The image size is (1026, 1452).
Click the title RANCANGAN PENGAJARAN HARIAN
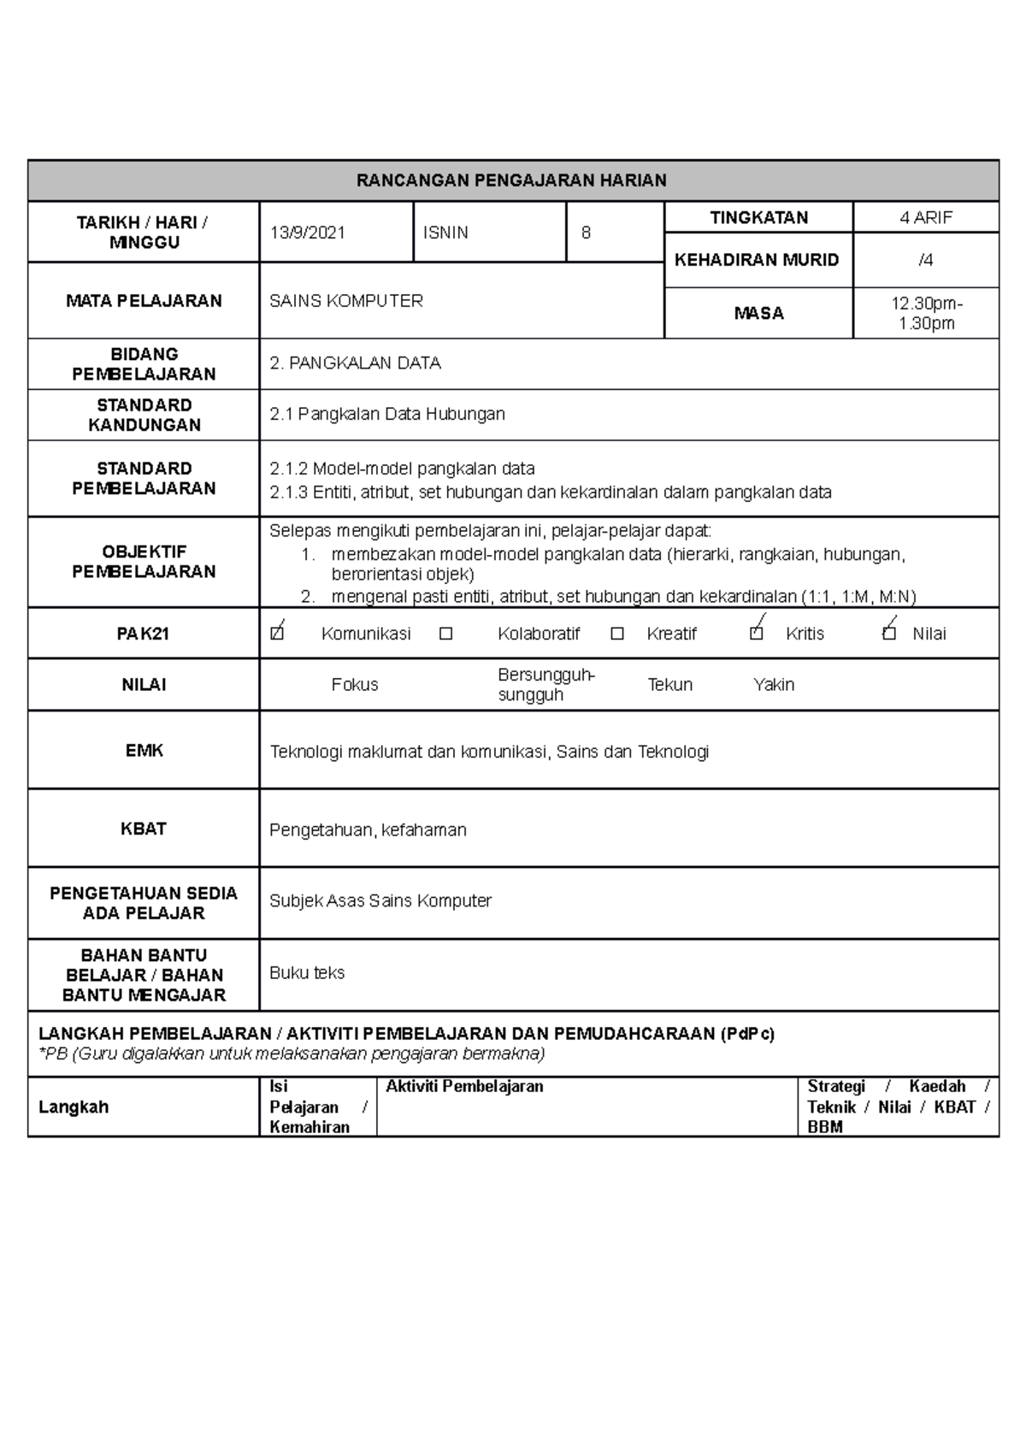[511, 180]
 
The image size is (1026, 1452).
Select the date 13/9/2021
[308, 233]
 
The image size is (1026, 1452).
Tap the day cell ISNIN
[445, 233]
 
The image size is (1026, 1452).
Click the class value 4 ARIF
[925, 217]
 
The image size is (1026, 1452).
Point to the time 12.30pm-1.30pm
[925, 313]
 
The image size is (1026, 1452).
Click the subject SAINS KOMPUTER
[346, 301]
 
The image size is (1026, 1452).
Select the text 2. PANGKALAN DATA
[355, 363]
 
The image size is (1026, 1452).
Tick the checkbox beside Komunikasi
[276, 635]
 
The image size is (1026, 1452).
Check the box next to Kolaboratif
[445, 635]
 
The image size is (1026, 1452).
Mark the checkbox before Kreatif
[617, 635]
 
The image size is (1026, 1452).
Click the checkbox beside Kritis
[756, 635]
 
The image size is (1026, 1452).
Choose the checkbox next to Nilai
[889, 635]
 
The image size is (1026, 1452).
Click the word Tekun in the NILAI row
[669, 685]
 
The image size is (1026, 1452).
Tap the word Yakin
[773, 685]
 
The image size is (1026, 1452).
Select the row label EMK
[144, 751]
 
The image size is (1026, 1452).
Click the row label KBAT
[144, 829]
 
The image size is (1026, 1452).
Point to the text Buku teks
[307, 973]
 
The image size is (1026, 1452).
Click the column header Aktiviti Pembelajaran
[464, 1087]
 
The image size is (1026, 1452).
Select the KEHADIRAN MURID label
[757, 260]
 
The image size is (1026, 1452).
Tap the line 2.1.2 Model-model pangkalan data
[402, 469]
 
